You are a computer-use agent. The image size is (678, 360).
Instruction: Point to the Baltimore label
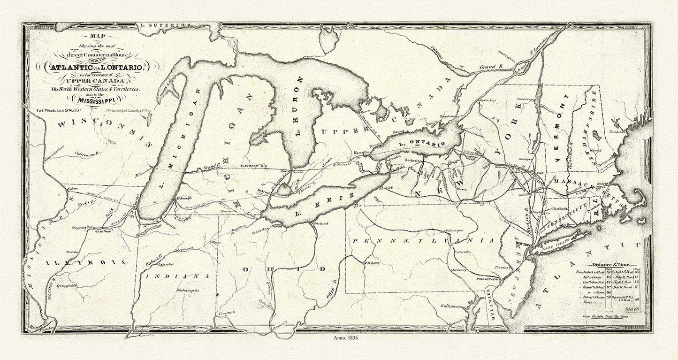(x=449, y=306)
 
